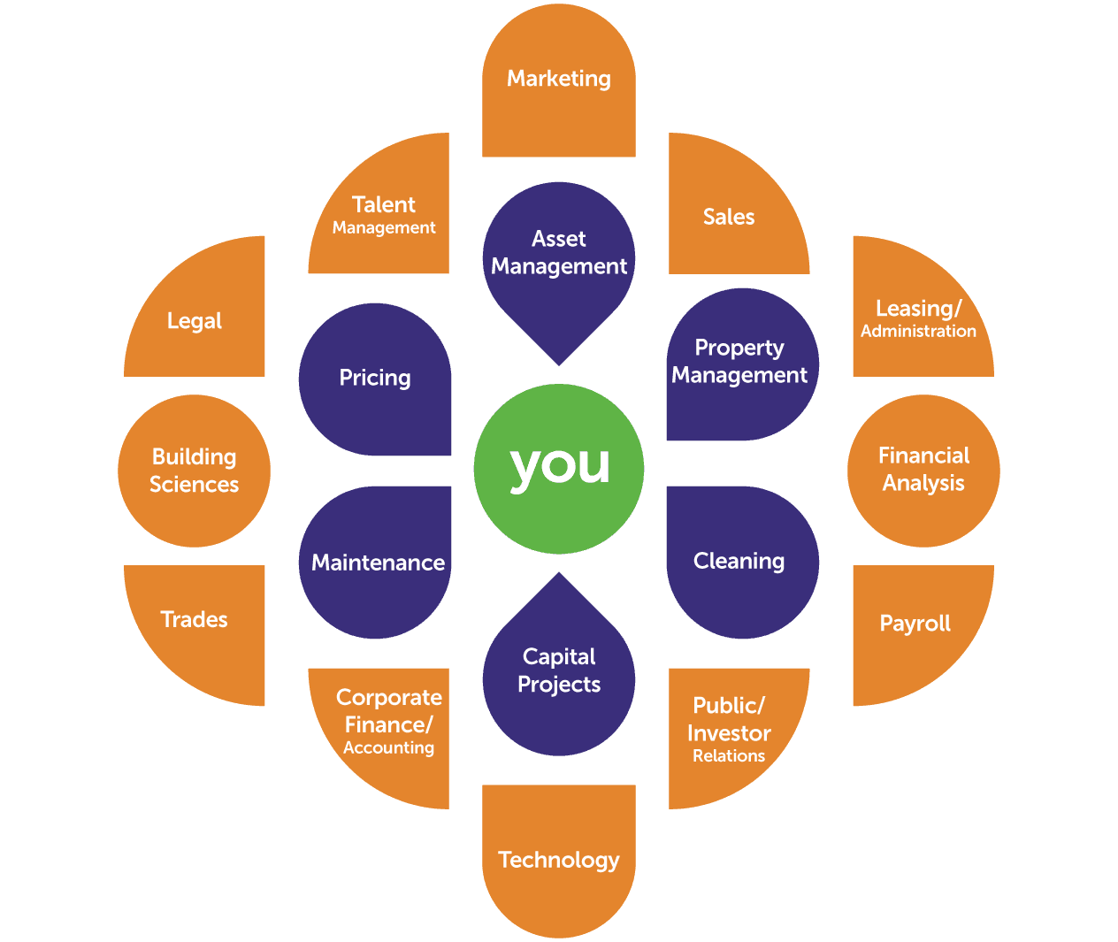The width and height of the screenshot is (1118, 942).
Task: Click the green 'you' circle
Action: [559, 469]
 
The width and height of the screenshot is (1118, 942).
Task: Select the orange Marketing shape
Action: [559, 84]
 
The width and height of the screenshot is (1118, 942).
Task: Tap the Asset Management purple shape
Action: [559, 257]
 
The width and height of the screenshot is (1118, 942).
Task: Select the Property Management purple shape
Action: [740, 363]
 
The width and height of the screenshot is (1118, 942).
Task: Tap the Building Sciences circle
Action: [195, 471]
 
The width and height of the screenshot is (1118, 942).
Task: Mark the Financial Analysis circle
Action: [923, 471]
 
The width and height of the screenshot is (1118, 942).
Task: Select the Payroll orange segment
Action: [915, 624]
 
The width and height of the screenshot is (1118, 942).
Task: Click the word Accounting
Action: [389, 748]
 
